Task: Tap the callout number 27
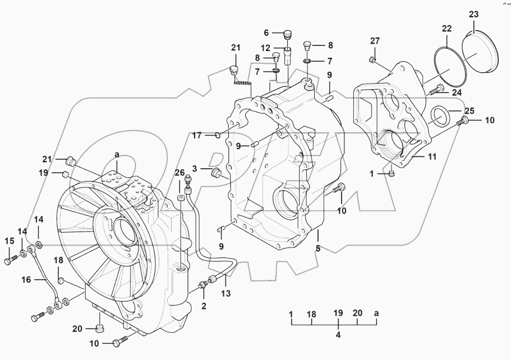tap(375, 40)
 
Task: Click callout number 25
tap(469, 110)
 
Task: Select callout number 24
tap(457, 93)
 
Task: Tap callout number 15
tap(8, 241)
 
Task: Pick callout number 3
tap(194, 168)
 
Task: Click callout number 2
tap(204, 306)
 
